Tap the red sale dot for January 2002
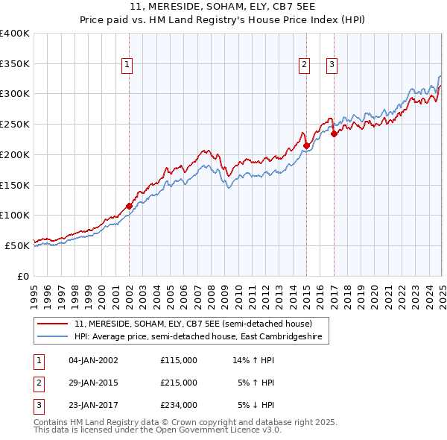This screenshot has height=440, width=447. click(129, 205)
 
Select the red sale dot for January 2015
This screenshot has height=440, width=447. click(306, 145)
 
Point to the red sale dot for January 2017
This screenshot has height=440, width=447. click(334, 133)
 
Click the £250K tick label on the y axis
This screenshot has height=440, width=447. click(15, 125)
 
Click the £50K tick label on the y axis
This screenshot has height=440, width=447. click(18, 245)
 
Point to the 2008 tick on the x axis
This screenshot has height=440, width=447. click(211, 292)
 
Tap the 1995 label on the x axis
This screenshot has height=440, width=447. click(34, 292)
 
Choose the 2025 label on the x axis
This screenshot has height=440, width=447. click(442, 292)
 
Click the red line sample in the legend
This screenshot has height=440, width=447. click(54, 324)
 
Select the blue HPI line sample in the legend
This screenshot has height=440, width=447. click(54, 337)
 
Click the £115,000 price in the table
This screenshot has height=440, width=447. click(179, 360)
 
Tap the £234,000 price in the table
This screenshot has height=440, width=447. click(179, 405)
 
